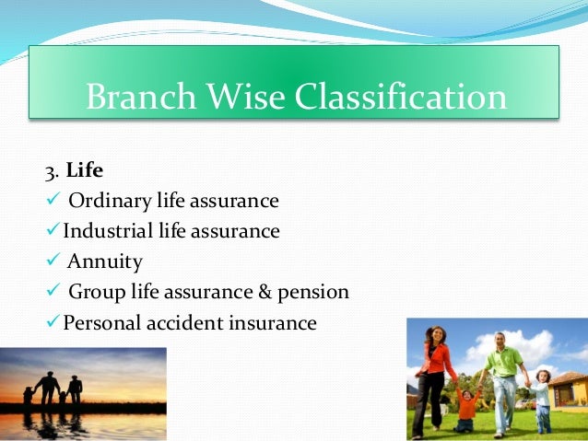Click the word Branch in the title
pos(141,96)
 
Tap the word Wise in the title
pos(246,96)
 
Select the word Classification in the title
pos(401,96)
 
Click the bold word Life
pos(85,170)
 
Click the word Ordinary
pos(110,202)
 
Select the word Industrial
pos(108,230)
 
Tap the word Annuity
pos(105,262)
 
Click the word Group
pos(97,293)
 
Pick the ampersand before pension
pos(265,292)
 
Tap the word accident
pos(185,322)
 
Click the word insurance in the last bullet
pos(273,322)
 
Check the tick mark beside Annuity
pos(53,259)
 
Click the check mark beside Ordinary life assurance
pos(53,198)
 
